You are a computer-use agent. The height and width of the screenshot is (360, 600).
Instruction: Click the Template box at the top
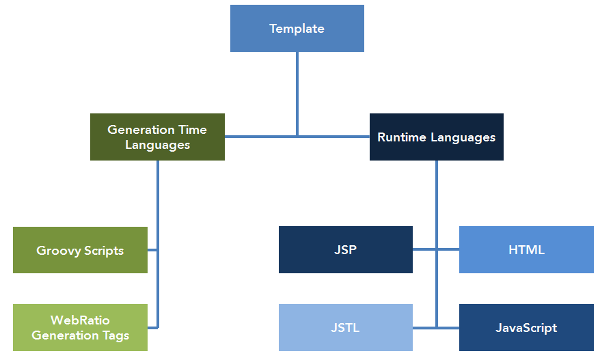click(x=297, y=28)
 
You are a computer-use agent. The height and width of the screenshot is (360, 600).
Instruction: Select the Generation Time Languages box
click(x=157, y=137)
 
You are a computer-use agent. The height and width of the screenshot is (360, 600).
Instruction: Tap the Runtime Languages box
click(x=437, y=137)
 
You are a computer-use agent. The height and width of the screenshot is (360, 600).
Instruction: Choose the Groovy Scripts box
click(x=81, y=250)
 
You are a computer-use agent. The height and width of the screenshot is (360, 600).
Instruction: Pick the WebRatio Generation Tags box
click(x=81, y=327)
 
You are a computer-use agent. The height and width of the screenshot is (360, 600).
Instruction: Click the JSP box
click(x=346, y=249)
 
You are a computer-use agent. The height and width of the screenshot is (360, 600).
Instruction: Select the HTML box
click(x=526, y=249)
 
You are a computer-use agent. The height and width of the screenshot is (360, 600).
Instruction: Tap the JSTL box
click(x=346, y=327)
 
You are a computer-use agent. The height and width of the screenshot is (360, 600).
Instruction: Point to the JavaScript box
click(x=526, y=327)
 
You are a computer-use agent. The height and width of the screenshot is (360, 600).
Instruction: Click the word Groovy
click(x=59, y=251)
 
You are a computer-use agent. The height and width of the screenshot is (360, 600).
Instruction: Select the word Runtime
click(x=401, y=137)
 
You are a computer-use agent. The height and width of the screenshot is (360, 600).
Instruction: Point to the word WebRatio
click(x=80, y=320)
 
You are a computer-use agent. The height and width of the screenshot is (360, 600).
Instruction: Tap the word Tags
click(x=116, y=336)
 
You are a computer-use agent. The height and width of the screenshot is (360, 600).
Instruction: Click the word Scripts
click(x=104, y=251)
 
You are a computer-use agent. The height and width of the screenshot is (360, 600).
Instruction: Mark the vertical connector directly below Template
click(x=297, y=94)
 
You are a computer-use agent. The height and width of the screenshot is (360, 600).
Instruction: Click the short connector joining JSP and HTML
click(x=436, y=249)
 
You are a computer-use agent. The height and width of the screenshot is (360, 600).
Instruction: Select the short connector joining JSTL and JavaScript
click(x=436, y=328)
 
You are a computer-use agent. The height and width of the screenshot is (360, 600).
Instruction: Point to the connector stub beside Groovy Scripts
click(x=152, y=250)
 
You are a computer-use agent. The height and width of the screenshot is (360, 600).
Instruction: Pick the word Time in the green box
click(x=193, y=130)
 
